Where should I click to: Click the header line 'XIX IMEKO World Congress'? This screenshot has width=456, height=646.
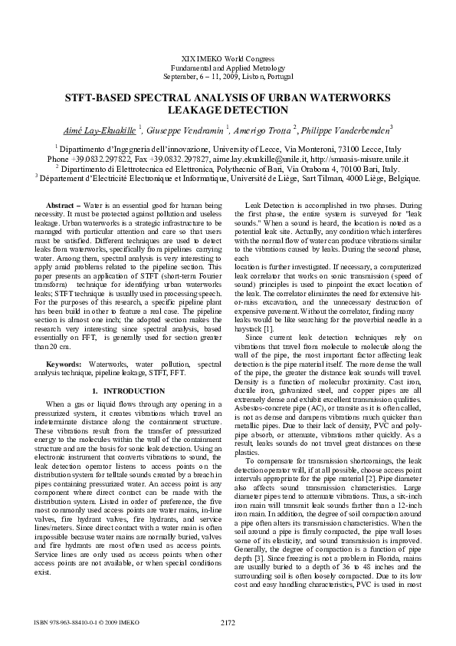click(228, 59)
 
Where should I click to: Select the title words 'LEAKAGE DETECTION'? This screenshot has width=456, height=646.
click(228, 110)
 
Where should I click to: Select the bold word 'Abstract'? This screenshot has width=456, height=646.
click(63, 206)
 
